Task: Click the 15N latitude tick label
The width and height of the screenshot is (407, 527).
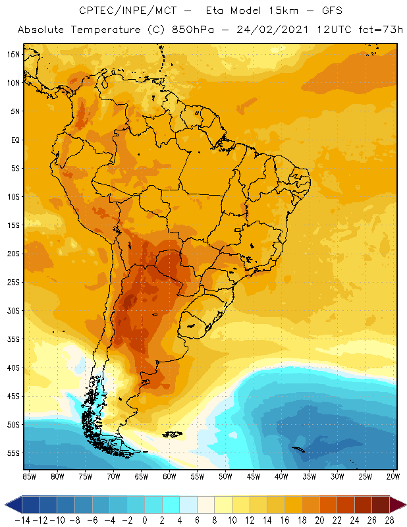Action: (x=13, y=54)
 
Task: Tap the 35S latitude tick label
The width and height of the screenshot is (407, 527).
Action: (x=13, y=339)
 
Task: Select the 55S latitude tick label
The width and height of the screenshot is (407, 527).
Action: (x=13, y=453)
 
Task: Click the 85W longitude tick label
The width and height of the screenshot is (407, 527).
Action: (x=29, y=476)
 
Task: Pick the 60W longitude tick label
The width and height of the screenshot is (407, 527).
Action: (x=169, y=476)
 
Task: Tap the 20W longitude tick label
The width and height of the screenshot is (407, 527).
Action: (x=393, y=476)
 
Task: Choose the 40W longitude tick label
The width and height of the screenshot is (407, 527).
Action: (x=281, y=476)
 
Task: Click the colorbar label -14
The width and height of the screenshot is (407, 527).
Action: (x=22, y=520)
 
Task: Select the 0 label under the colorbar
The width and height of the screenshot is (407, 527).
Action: (x=144, y=520)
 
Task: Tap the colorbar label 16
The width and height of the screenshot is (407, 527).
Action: (x=281, y=520)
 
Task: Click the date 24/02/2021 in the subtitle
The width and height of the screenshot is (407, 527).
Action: (x=273, y=30)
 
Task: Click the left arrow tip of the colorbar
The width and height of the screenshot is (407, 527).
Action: (x=6, y=505)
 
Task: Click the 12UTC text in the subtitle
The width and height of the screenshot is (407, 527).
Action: (x=333, y=30)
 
